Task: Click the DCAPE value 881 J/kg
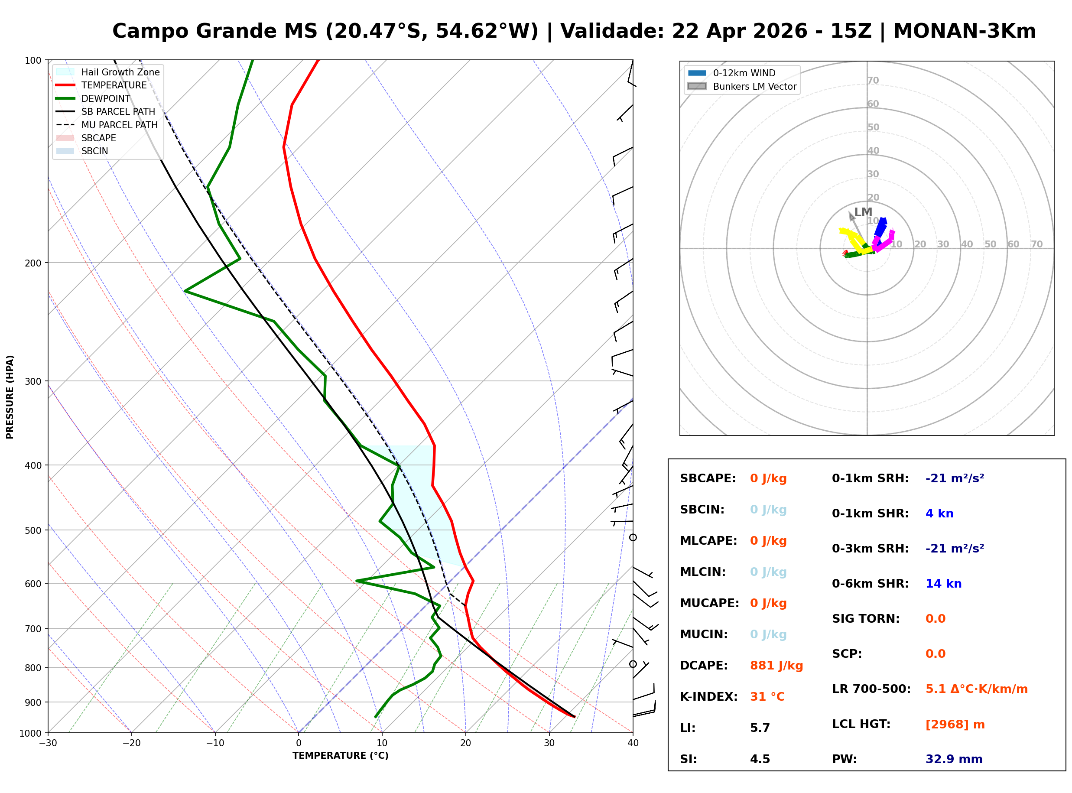pyautogui.click(x=776, y=666)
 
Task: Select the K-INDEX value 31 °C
pyautogui.click(x=767, y=697)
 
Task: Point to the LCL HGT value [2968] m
pyautogui.click(x=955, y=725)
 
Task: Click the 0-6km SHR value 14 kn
pyautogui.click(x=943, y=584)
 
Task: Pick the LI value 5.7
pyautogui.click(x=760, y=728)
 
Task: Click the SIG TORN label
pyautogui.click(x=865, y=619)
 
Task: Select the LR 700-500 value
pyautogui.click(x=976, y=689)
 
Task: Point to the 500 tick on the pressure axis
pyautogui.click(x=32, y=530)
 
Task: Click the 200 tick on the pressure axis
pyautogui.click(x=32, y=263)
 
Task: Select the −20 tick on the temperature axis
pyautogui.click(x=131, y=744)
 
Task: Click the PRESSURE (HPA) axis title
pyautogui.click(x=10, y=397)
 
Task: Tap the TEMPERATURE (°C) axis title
pyautogui.click(x=340, y=756)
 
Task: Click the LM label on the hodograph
pyautogui.click(x=862, y=212)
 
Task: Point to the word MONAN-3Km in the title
pyautogui.click(x=964, y=31)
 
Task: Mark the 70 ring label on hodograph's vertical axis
pyautogui.click(x=872, y=81)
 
